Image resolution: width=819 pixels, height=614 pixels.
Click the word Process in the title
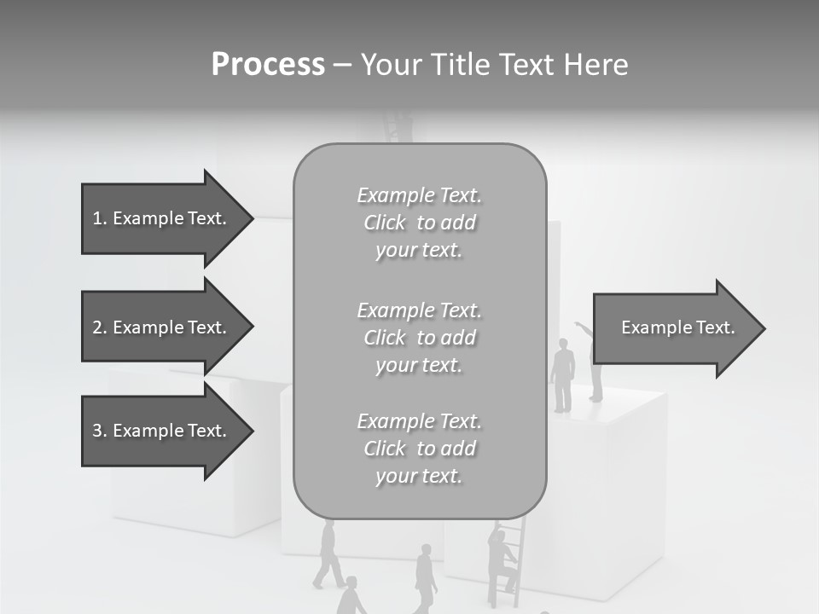(x=268, y=65)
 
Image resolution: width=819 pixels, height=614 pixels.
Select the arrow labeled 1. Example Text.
(x=162, y=218)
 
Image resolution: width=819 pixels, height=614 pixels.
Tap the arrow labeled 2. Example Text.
(x=162, y=327)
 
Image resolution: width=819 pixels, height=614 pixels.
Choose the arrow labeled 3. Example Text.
(x=162, y=431)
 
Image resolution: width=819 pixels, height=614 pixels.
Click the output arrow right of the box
(x=674, y=328)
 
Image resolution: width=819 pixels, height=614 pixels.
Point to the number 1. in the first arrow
(x=99, y=218)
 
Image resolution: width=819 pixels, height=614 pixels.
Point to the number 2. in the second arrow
(x=99, y=327)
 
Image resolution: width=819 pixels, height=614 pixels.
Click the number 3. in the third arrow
(x=99, y=431)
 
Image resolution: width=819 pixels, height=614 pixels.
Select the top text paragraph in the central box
(x=419, y=223)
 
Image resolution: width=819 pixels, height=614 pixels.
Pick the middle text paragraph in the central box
(x=419, y=338)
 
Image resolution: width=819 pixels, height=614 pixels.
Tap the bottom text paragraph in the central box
(x=419, y=449)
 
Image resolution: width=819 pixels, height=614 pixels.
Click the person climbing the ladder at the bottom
(x=502, y=559)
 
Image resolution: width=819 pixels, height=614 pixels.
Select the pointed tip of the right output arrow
(x=763, y=328)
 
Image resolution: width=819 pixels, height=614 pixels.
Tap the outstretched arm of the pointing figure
(x=584, y=327)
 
